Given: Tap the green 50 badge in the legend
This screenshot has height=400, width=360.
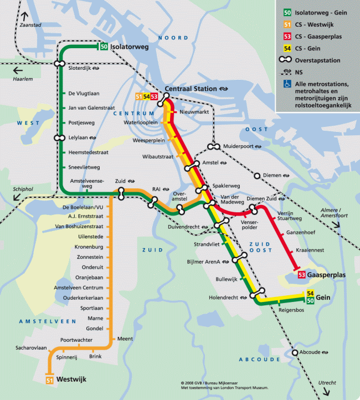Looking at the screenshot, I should point(287,12).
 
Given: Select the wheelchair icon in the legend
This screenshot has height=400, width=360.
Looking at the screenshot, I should point(287,84).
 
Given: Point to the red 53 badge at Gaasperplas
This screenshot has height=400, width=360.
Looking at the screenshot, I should point(302,274).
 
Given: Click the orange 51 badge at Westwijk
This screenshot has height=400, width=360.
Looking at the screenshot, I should point(49,380).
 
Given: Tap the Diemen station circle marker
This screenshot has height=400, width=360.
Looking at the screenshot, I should point(257,176).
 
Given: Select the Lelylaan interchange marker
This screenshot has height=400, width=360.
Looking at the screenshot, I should point(58,138).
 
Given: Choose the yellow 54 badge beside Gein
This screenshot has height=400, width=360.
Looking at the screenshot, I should point(310,293).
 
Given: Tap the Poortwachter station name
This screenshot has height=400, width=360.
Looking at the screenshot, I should point(77,340).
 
